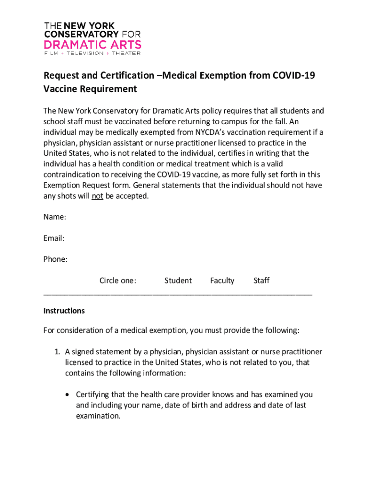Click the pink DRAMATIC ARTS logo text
(92, 45)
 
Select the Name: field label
(55, 217)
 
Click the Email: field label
(54, 238)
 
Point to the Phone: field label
(56, 259)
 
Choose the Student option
(178, 281)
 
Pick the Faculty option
(222, 281)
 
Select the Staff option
(261, 281)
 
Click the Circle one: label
(117, 281)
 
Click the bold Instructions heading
(64, 311)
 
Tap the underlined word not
(98, 196)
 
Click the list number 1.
(56, 352)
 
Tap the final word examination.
(98, 416)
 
